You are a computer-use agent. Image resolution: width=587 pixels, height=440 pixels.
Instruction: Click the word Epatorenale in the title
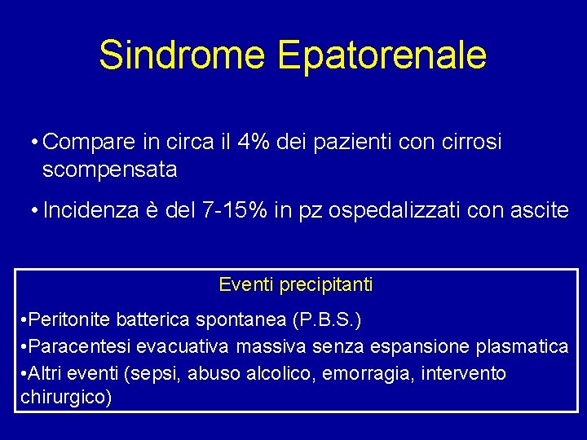coord(382,55)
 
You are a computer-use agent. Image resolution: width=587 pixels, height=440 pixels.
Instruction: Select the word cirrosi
coord(474,143)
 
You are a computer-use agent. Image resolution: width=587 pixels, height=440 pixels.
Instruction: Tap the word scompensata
coord(109,169)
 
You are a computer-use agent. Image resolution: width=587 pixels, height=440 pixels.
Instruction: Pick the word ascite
coord(541,210)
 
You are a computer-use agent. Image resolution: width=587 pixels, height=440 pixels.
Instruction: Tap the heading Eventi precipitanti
coord(296,284)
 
